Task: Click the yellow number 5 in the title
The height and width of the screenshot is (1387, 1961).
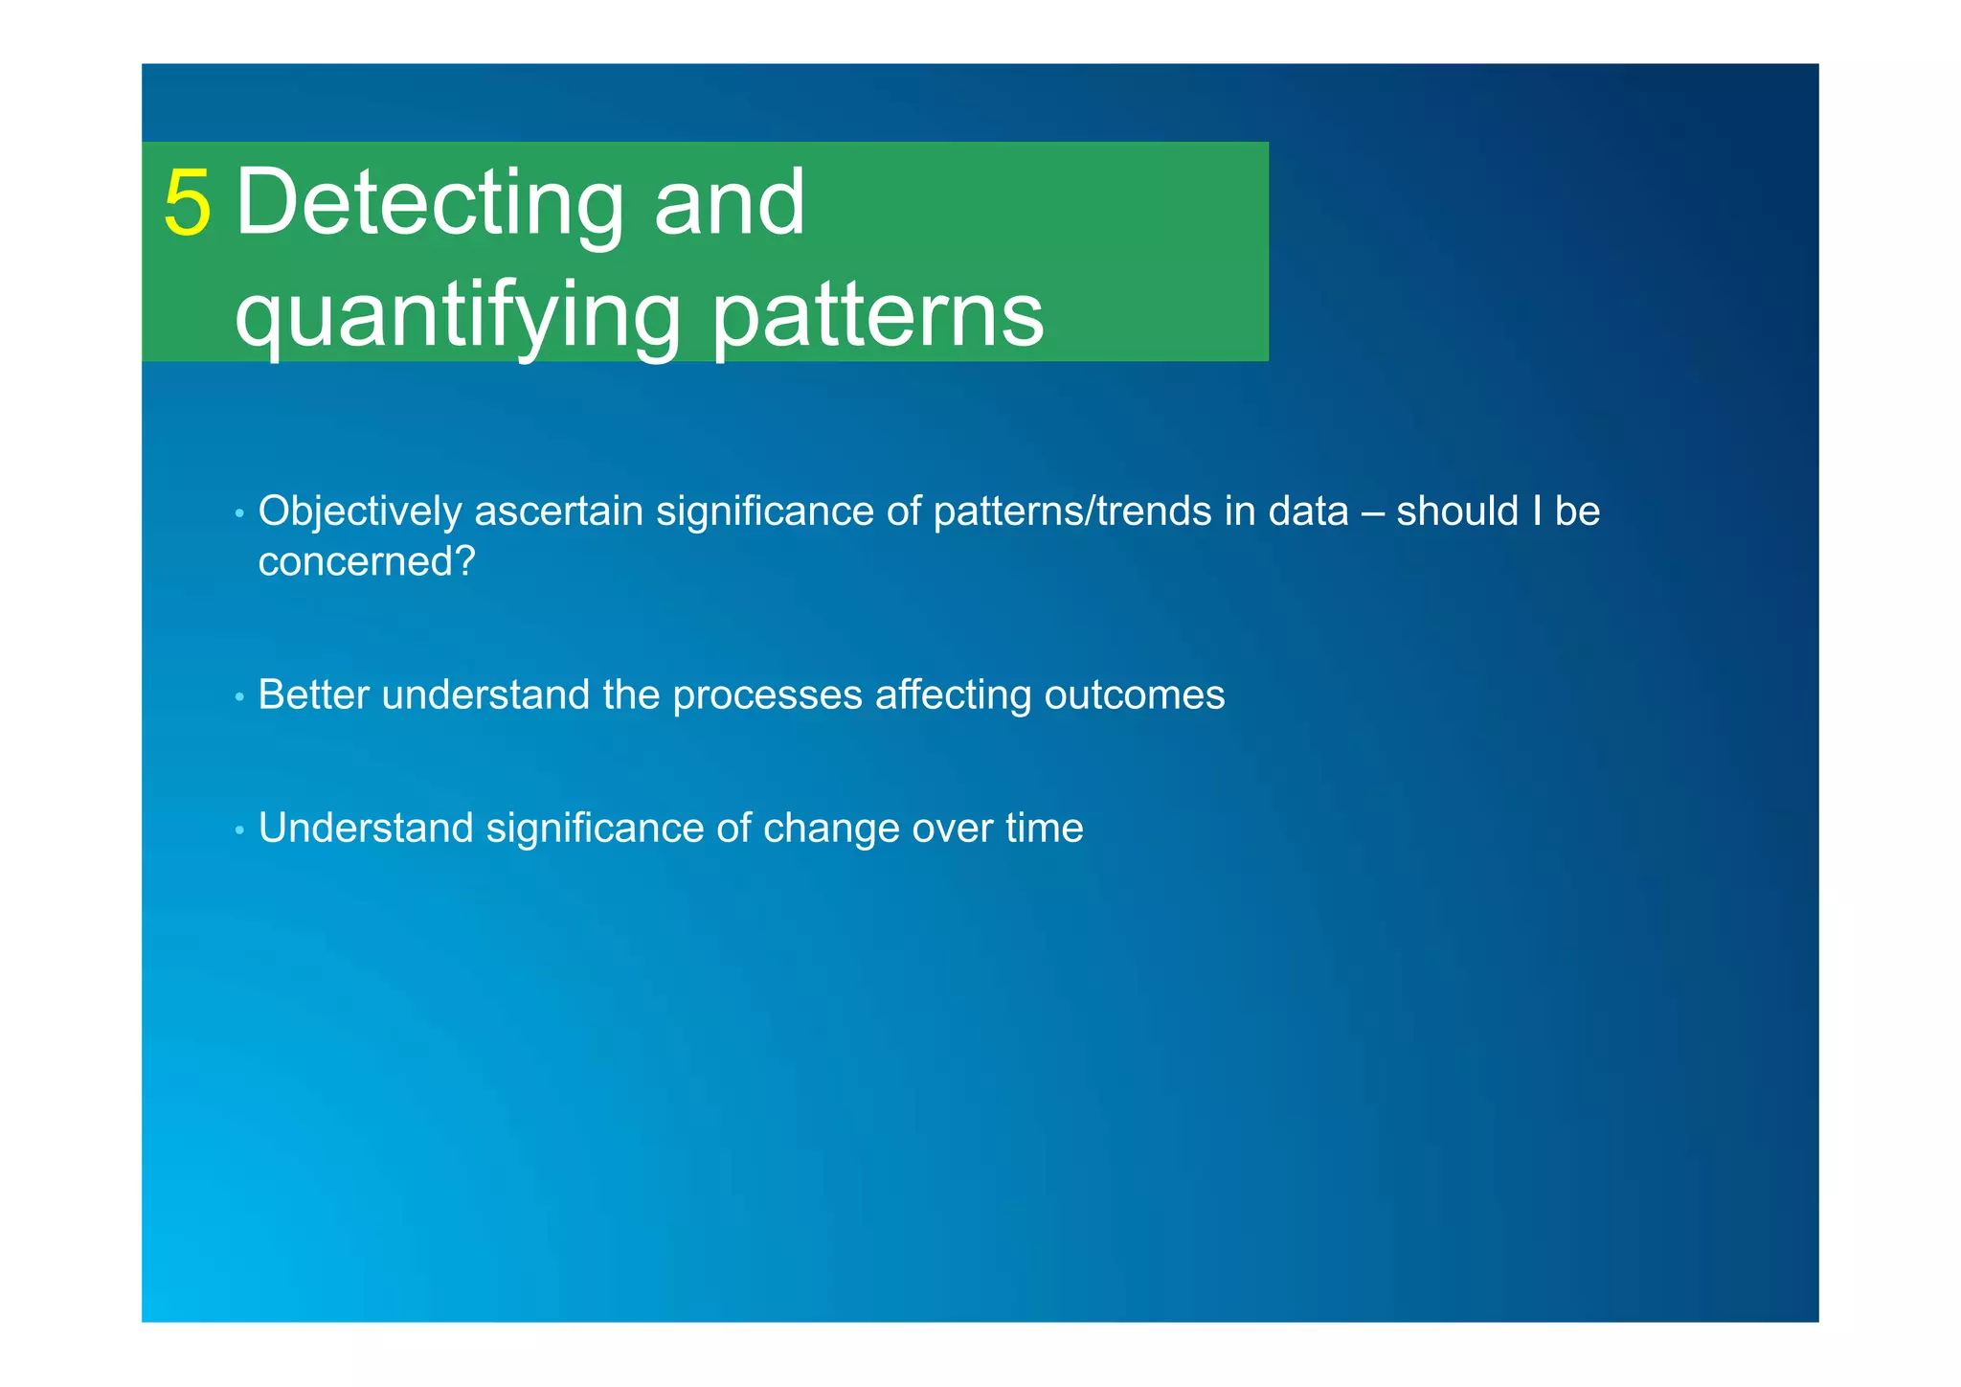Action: point(187,203)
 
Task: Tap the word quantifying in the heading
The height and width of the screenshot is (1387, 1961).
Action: point(457,316)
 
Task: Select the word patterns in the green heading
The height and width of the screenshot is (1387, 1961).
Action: point(877,316)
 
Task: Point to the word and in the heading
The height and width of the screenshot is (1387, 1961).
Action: point(729,203)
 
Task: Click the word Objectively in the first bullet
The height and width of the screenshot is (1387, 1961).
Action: point(360,512)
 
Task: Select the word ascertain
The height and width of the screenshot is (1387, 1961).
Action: point(558,512)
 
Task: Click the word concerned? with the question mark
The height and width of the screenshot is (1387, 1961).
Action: point(367,561)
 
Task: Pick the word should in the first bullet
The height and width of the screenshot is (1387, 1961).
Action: point(1457,512)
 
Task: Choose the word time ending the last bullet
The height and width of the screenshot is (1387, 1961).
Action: point(1045,829)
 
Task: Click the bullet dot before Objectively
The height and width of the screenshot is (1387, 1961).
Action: point(239,514)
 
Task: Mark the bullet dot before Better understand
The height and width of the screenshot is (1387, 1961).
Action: point(239,697)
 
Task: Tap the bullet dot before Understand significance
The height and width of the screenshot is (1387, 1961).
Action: point(239,830)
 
